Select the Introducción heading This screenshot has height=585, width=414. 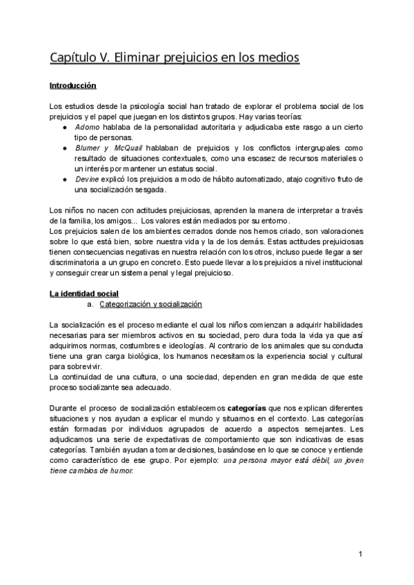click(x=72, y=86)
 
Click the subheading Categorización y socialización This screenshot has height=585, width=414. click(x=150, y=304)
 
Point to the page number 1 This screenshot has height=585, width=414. click(x=361, y=554)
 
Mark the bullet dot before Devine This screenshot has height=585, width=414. click(x=64, y=179)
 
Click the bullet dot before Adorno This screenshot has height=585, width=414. click(x=64, y=128)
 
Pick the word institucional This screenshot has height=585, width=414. click(x=341, y=262)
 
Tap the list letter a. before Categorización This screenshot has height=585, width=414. click(x=90, y=304)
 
